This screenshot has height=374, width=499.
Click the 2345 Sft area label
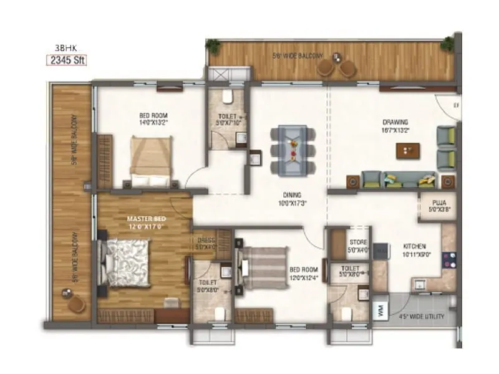(x=65, y=60)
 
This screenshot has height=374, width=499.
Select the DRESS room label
(x=206, y=241)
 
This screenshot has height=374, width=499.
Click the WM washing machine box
(x=379, y=310)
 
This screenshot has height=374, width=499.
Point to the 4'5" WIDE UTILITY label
(x=422, y=317)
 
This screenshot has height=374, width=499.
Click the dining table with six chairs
(x=293, y=149)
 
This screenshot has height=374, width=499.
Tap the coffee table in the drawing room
(x=408, y=150)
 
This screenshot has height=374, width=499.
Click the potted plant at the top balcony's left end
(x=213, y=46)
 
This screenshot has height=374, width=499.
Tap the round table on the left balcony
(x=75, y=303)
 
